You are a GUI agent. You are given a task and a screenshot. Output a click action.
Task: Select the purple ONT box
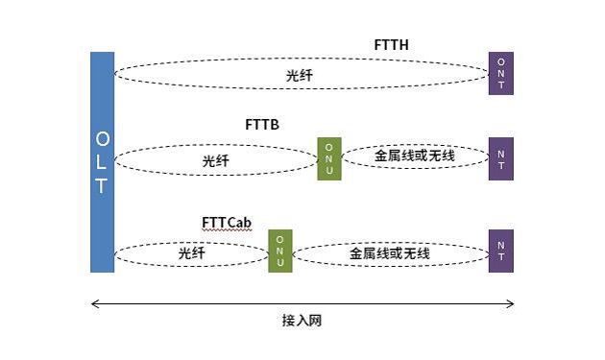coord(500,73)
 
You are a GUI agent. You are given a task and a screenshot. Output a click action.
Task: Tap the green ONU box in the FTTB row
coord(328,158)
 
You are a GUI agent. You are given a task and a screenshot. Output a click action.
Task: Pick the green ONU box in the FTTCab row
coord(279,252)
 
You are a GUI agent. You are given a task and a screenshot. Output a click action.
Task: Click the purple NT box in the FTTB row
coord(500,158)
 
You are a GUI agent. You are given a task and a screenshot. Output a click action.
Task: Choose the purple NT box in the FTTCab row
coord(500,252)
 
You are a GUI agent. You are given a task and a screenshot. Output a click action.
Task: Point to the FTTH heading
coord(392,45)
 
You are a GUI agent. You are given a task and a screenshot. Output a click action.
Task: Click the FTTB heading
coord(261,125)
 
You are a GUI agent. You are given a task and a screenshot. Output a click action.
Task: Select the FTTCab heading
coord(227,223)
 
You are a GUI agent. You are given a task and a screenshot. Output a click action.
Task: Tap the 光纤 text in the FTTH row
coord(299,74)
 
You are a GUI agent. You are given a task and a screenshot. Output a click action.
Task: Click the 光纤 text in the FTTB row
coord(215,161)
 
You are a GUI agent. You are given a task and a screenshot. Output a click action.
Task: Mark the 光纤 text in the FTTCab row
coord(191,253)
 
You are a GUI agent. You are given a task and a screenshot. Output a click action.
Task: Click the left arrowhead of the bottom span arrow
coord(93,303)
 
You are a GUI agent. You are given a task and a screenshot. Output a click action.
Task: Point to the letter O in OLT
coord(102,139)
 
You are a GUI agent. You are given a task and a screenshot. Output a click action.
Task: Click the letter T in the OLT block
coord(102,186)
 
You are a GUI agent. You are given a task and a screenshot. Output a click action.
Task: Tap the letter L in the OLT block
coord(102,162)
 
